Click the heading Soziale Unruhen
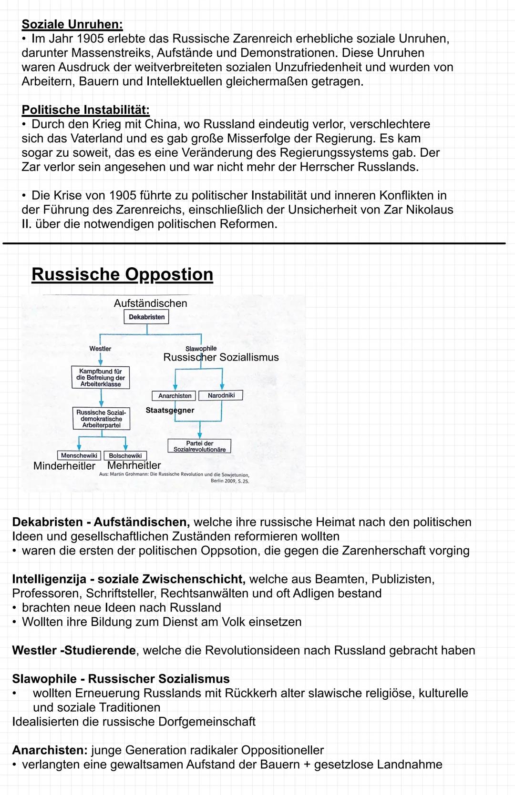(72, 24)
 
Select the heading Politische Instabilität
(85, 110)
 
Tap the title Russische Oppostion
(122, 274)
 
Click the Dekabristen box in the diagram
(146, 317)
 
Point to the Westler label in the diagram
(100, 349)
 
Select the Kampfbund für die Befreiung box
(101, 377)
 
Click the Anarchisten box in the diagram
(175, 396)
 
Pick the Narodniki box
(221, 395)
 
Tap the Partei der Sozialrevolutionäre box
(199, 446)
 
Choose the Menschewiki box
(79, 456)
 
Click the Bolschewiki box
(125, 456)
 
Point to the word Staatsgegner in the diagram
(170, 410)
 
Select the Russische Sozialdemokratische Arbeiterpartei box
(101, 419)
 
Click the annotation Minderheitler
(64, 466)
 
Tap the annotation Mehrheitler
(134, 465)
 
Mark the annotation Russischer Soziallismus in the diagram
(221, 357)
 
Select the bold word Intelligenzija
(50, 579)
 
